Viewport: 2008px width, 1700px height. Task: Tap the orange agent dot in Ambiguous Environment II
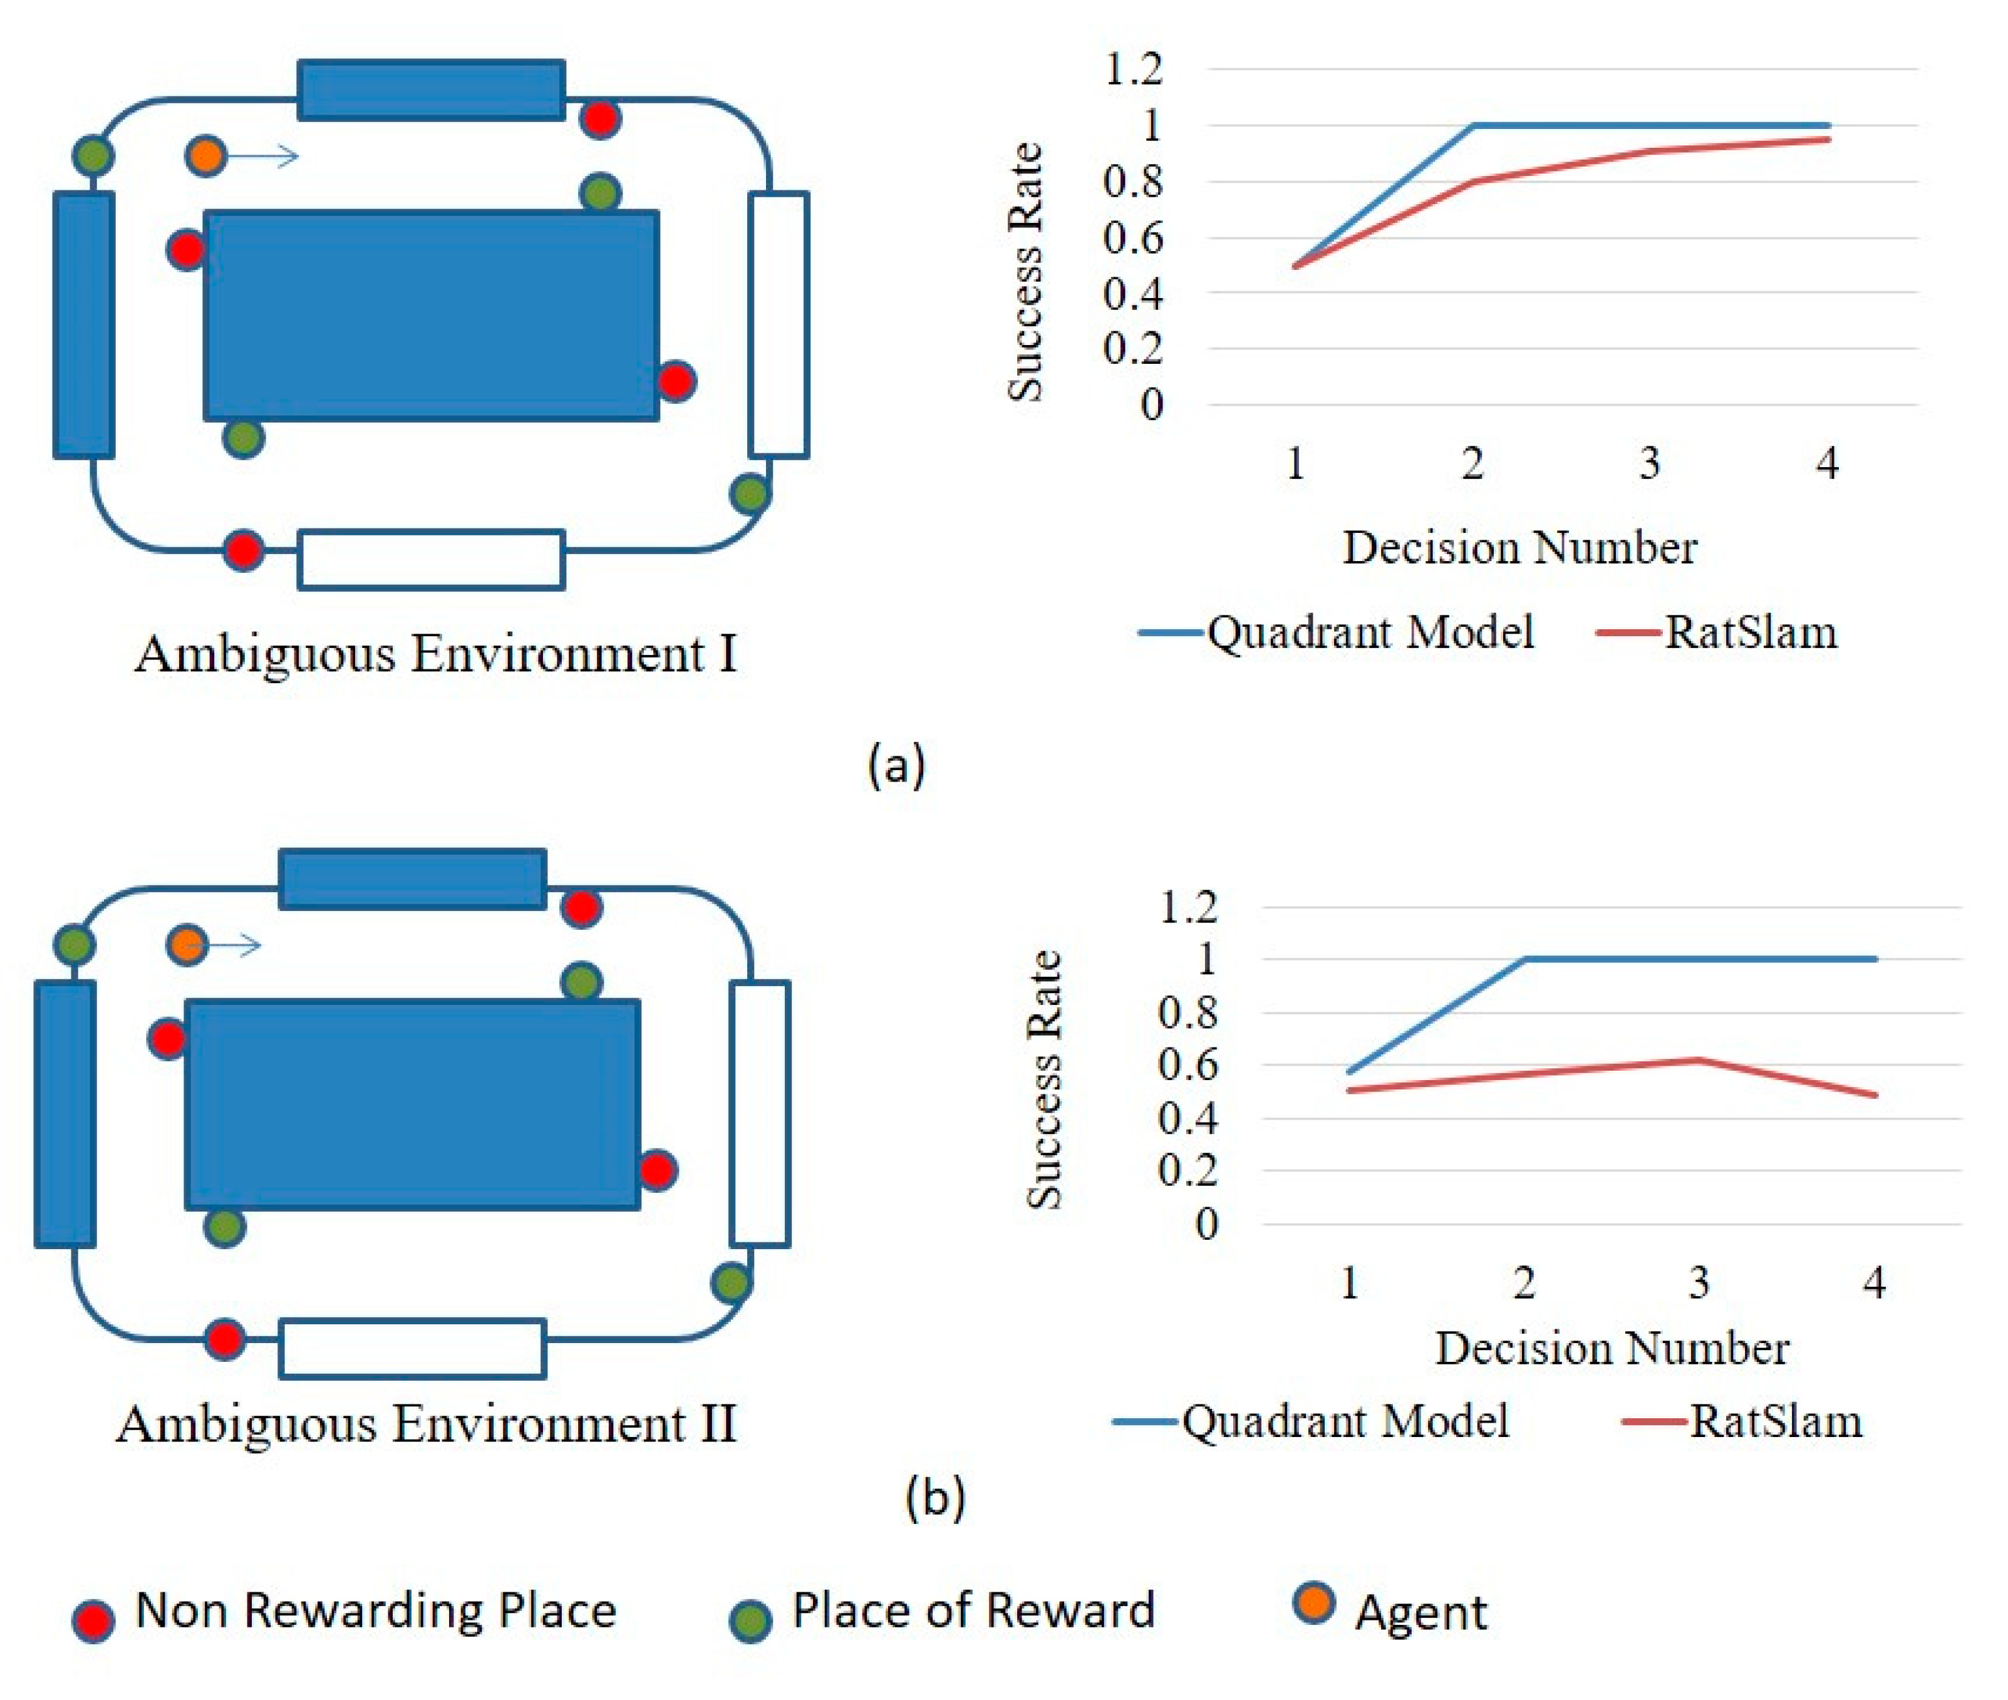(186, 944)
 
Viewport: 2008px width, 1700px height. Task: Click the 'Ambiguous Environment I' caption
(436, 654)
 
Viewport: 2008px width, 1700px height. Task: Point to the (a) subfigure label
(896, 765)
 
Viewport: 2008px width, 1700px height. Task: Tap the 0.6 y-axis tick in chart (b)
(1188, 1066)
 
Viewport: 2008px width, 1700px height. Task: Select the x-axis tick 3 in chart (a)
(1649, 463)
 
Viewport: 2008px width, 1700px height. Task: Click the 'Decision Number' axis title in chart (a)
(1519, 547)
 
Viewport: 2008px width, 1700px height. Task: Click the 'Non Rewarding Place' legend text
(376, 1609)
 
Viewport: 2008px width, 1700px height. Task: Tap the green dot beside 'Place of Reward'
(750, 1620)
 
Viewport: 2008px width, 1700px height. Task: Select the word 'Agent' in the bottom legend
(1421, 1612)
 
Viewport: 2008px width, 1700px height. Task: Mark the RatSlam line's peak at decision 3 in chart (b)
(1699, 1059)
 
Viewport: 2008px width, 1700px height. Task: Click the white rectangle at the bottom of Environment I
(431, 559)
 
